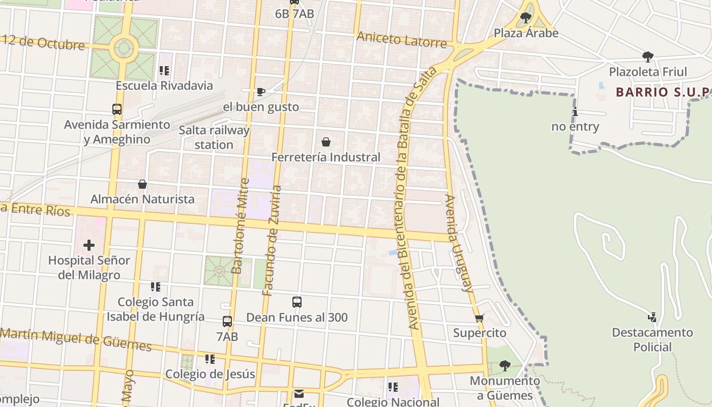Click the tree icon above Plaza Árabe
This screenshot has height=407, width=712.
tap(526, 18)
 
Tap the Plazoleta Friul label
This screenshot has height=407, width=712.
tap(647, 72)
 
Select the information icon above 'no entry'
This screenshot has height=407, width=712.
tap(575, 112)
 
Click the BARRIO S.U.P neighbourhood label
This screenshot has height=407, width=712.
tap(662, 92)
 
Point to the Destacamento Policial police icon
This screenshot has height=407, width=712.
tap(652, 318)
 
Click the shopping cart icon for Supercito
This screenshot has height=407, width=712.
tap(479, 318)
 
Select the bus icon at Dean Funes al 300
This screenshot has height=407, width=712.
tap(297, 302)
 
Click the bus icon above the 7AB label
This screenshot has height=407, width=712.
tap(227, 322)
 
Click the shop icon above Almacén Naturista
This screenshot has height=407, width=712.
tap(142, 184)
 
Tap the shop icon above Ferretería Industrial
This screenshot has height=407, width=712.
tap(326, 142)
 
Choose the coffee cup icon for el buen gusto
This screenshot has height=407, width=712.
tap(261, 92)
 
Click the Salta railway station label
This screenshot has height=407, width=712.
tap(214, 137)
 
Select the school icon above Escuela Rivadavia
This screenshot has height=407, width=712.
tap(164, 71)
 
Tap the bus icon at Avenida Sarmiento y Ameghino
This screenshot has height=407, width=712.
tap(117, 109)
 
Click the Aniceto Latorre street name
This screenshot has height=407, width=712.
tap(401, 39)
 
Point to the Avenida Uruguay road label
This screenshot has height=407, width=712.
tap(459, 243)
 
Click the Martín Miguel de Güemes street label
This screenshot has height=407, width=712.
tap(76, 340)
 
